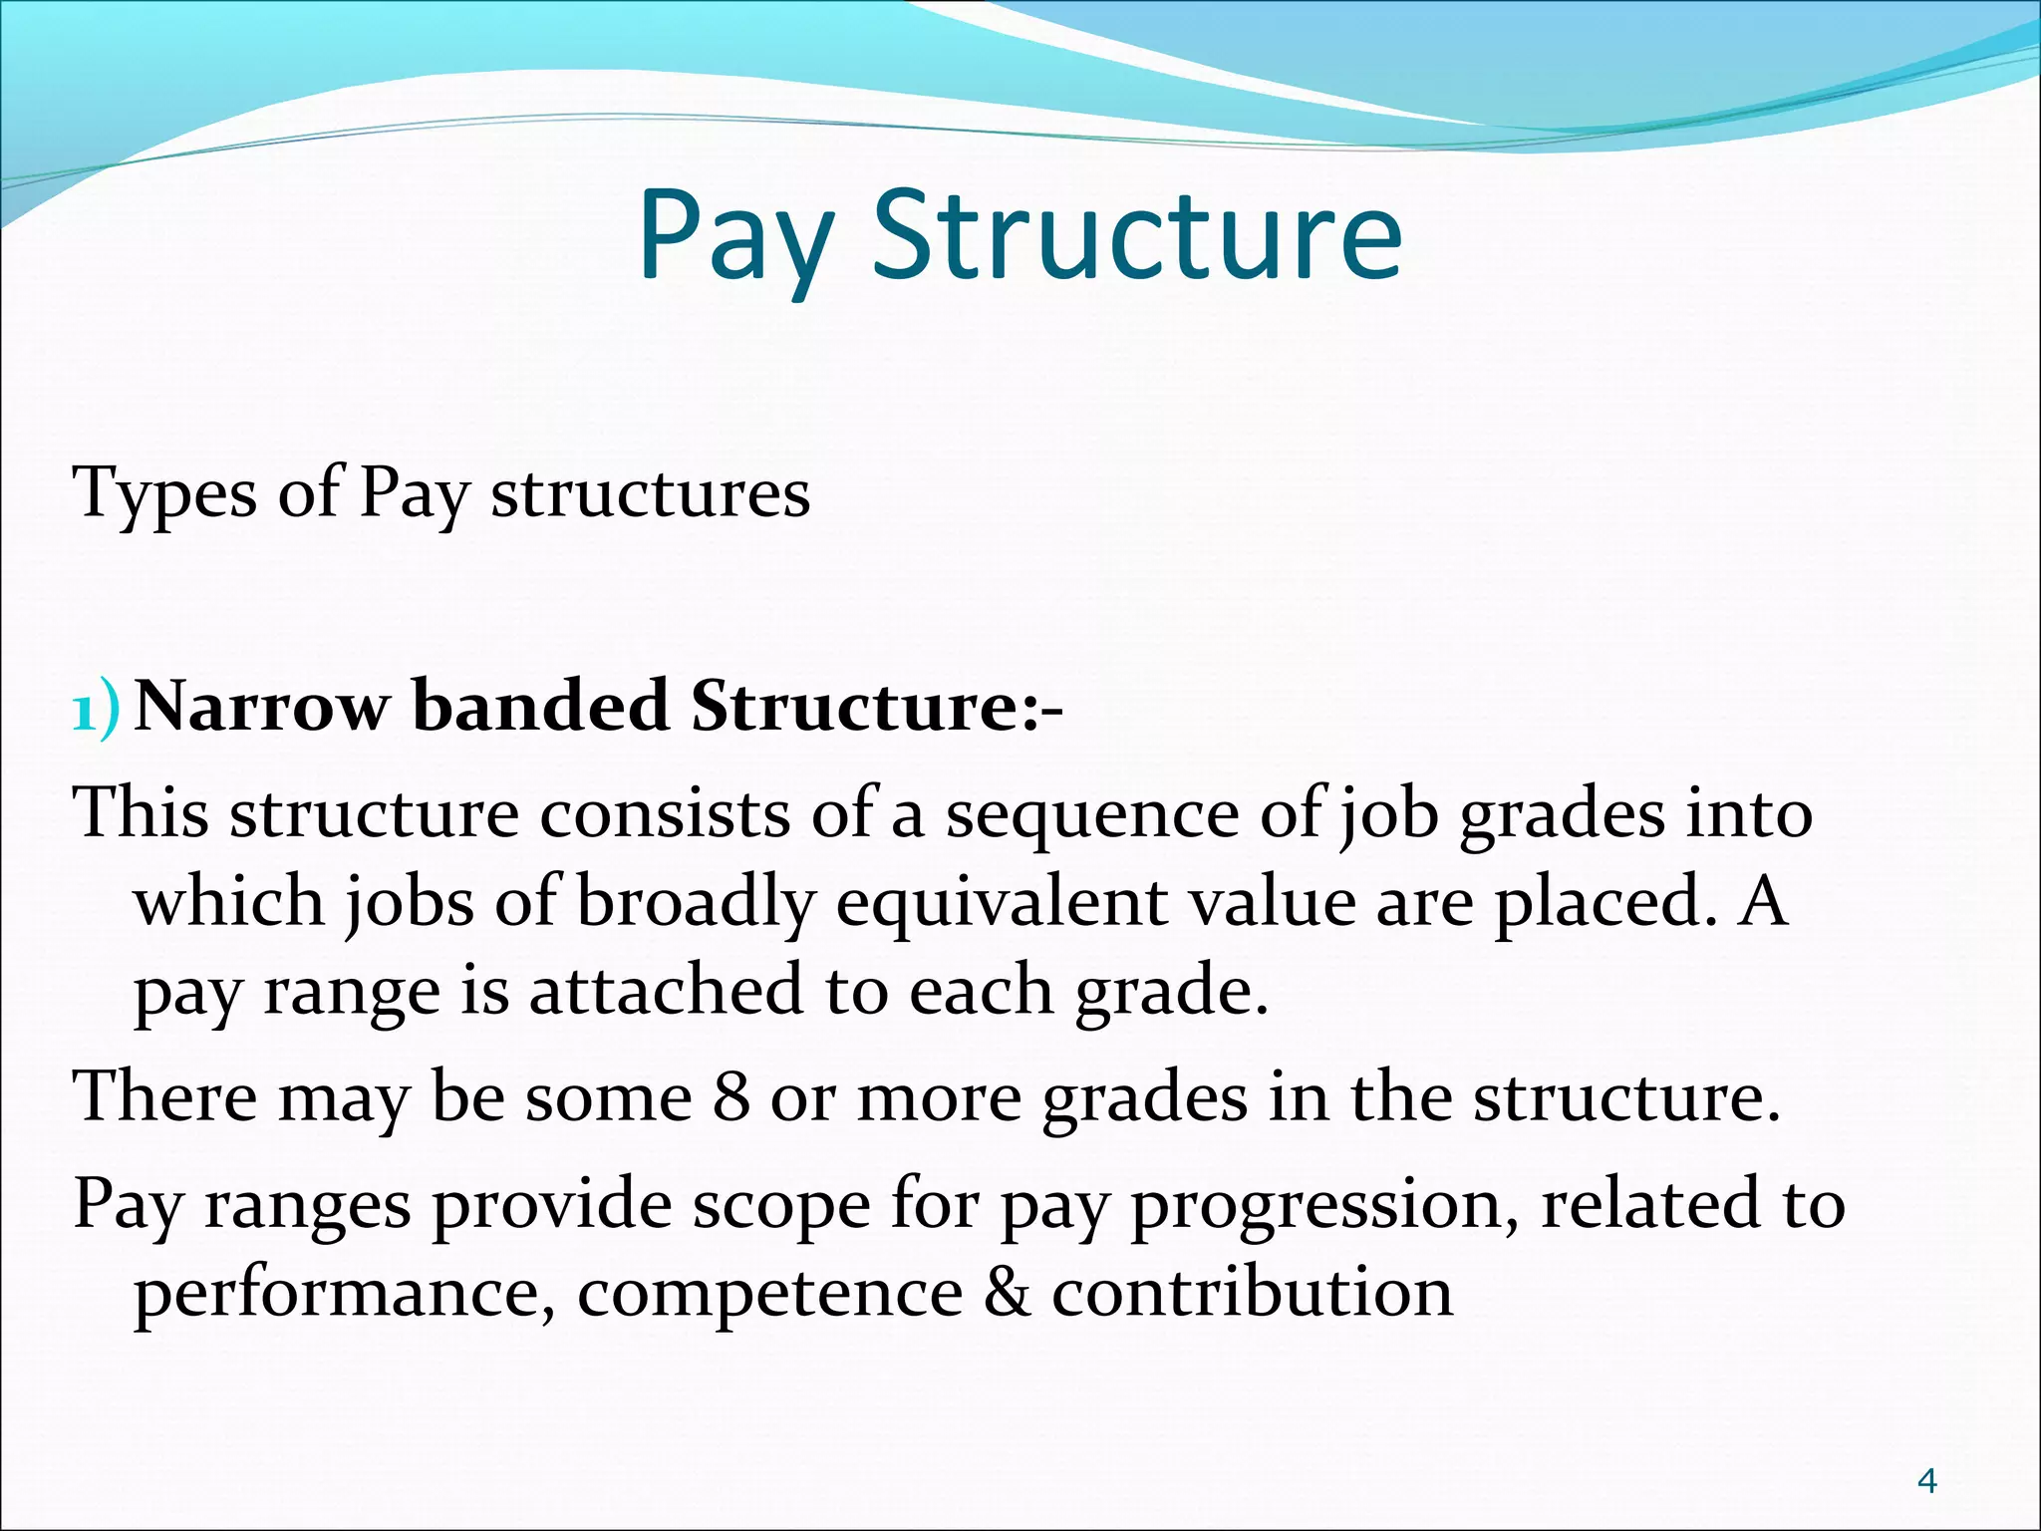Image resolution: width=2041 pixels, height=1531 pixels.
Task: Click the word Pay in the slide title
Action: click(x=735, y=237)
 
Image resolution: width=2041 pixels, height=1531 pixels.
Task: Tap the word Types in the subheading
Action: click(x=165, y=494)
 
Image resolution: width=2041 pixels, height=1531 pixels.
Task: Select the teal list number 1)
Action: click(x=97, y=709)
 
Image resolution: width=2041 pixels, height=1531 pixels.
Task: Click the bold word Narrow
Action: click(x=261, y=707)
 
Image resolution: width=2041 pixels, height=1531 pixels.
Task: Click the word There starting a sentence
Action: click(x=164, y=1097)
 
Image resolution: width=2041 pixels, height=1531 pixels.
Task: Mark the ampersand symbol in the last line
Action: click(x=1007, y=1294)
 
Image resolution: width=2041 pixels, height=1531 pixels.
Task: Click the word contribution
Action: click(x=1252, y=1294)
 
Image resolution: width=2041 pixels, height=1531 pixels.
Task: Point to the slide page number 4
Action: click(x=1927, y=1482)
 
